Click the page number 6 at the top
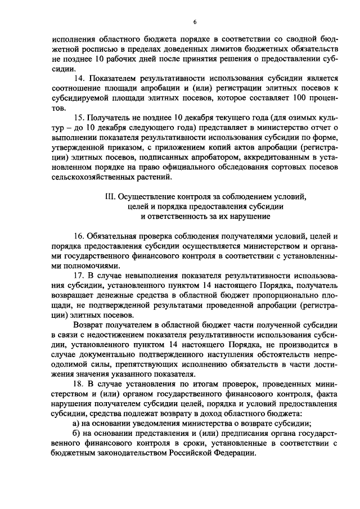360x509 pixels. (x=194, y=22)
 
